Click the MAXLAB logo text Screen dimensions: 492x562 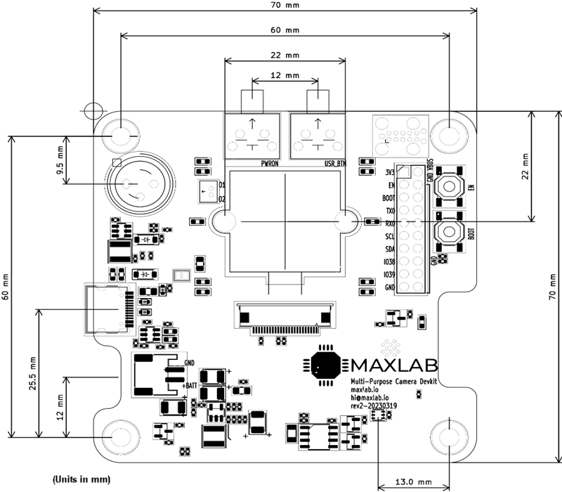(394, 365)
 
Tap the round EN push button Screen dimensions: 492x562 (448, 186)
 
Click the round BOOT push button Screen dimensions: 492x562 (448, 233)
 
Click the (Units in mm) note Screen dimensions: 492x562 (81, 479)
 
